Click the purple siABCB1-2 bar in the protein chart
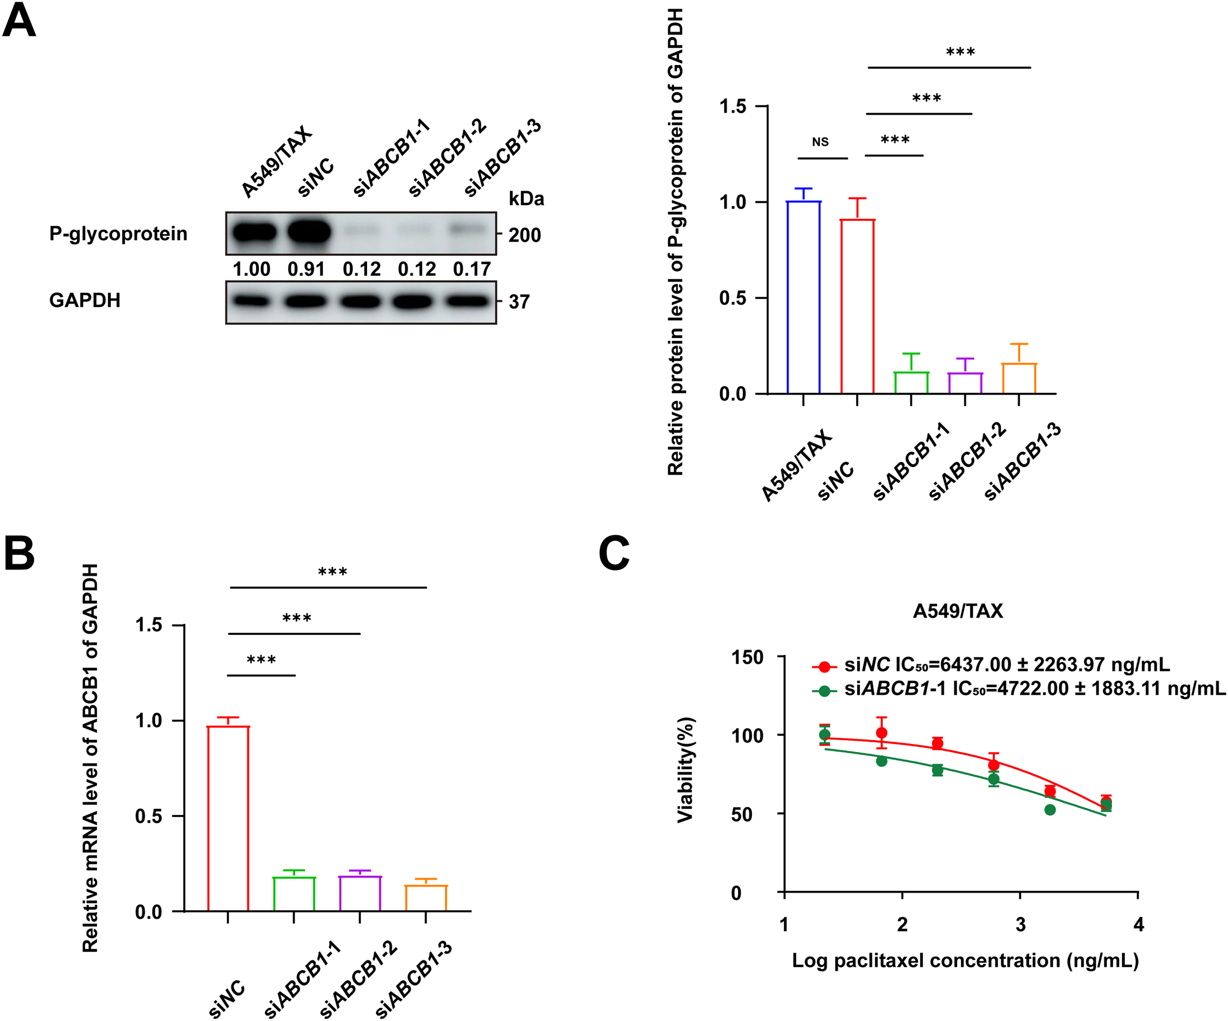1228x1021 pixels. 965,383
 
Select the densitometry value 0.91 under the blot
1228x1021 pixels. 306,269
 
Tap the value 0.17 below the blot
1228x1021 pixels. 471,269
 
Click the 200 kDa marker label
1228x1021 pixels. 524,235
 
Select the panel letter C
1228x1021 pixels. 614,554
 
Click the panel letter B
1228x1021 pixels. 19,554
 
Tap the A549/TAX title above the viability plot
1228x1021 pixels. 957,611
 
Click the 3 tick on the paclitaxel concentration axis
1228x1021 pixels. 1020,924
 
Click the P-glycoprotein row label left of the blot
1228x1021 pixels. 118,233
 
